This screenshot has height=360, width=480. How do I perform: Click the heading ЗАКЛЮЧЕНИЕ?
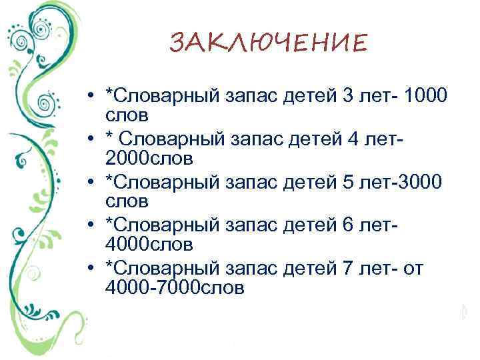coord(268,44)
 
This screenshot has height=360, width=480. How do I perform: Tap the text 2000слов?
coord(149,158)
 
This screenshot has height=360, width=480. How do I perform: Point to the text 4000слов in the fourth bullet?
coord(149,245)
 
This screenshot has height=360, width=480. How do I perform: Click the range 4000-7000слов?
coord(175,288)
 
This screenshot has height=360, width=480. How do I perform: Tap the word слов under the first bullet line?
coord(126,115)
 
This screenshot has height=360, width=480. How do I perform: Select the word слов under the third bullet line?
coord(126,201)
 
